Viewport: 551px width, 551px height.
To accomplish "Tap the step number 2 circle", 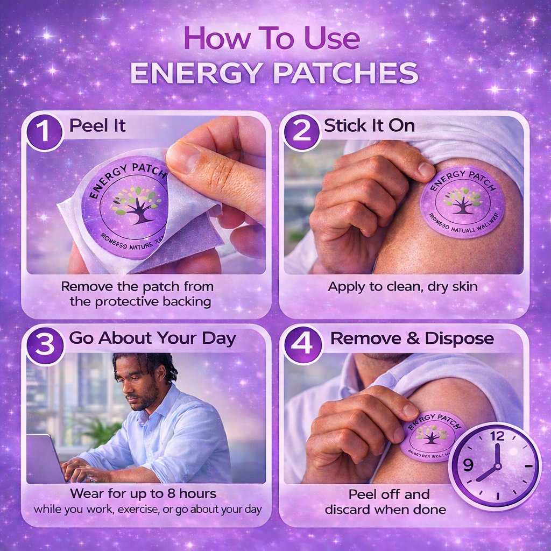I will (x=302, y=132).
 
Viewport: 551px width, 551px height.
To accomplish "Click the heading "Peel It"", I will (x=97, y=126).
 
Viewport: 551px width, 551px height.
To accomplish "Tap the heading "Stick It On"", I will (x=369, y=126).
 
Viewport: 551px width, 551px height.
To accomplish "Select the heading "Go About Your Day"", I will (x=152, y=338).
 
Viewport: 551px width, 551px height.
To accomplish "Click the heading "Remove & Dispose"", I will (x=412, y=338).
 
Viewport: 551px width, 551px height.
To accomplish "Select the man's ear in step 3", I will (x=160, y=375).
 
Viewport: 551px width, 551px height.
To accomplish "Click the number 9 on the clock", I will (x=468, y=464).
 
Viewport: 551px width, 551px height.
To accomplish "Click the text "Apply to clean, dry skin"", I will (x=402, y=286).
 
